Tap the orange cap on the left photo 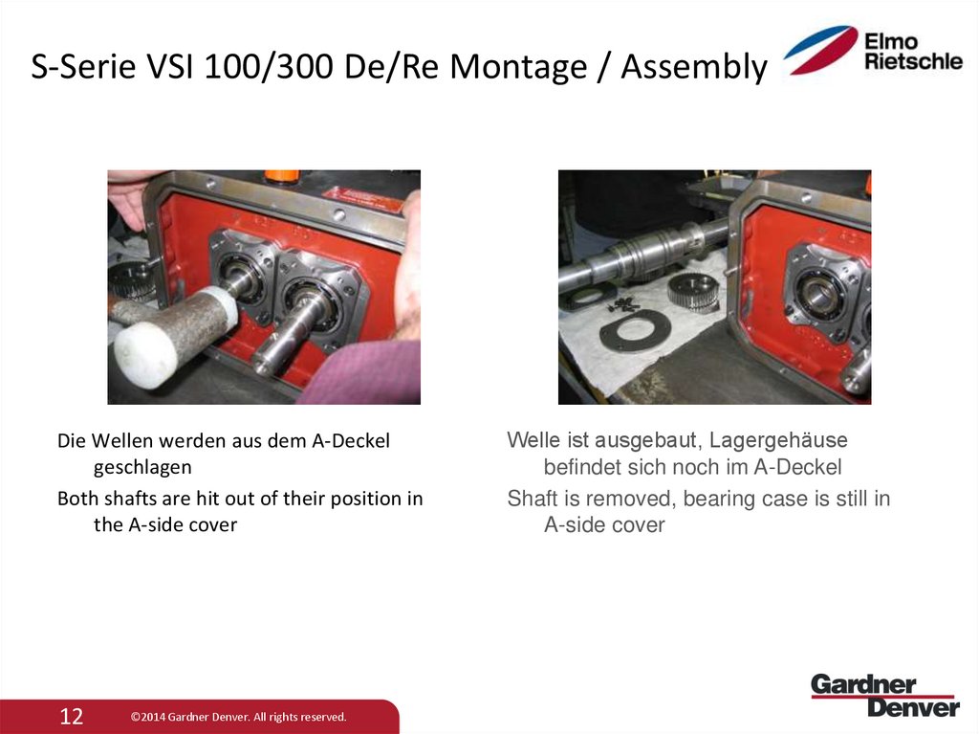click(x=281, y=177)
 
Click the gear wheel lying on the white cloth click(x=692, y=291)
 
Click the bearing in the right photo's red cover click(x=816, y=291)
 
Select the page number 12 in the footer click(x=72, y=716)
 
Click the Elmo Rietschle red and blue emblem click(x=821, y=50)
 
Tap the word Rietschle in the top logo click(x=913, y=61)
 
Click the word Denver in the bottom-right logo click(x=912, y=707)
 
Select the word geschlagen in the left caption click(x=142, y=467)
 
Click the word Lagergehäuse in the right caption click(x=778, y=441)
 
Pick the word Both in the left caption click(x=77, y=499)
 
